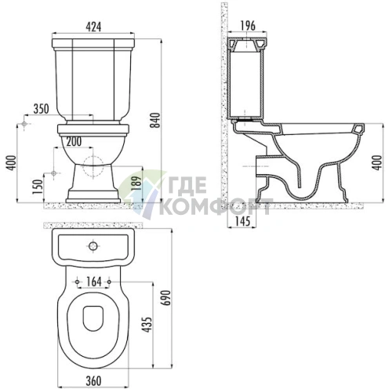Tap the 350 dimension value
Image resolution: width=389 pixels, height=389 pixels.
(x=42, y=108)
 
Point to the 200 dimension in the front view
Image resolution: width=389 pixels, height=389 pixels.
(x=75, y=142)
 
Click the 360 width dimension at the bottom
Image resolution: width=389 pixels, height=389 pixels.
(x=93, y=380)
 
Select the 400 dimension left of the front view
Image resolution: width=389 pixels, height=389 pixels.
(x=9, y=162)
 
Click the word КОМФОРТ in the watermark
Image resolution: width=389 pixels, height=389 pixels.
(x=215, y=207)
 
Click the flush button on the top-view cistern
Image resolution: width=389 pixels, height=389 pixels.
(x=93, y=245)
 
